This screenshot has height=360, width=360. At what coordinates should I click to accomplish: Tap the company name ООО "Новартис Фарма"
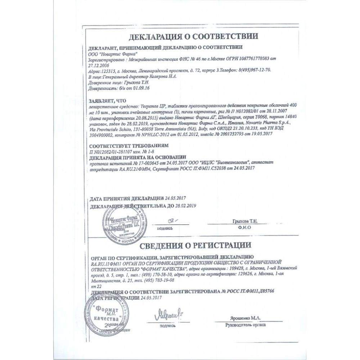coord(107,53)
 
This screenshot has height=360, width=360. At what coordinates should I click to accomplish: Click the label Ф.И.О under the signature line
coord(243,228)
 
